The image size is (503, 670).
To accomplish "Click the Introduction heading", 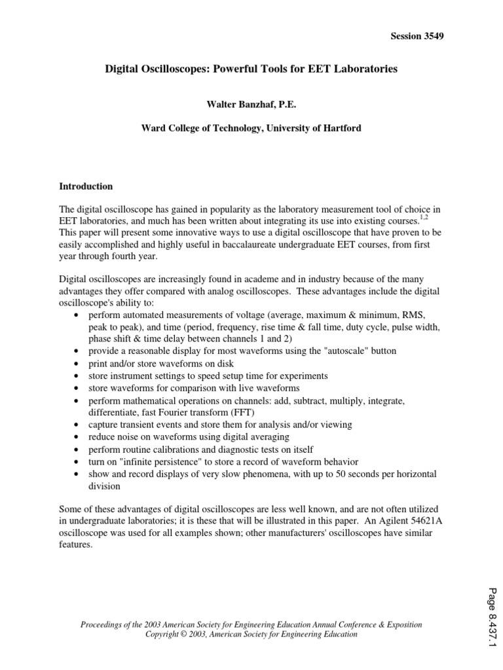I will [86, 186].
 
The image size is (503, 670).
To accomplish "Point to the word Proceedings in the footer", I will [103, 625].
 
